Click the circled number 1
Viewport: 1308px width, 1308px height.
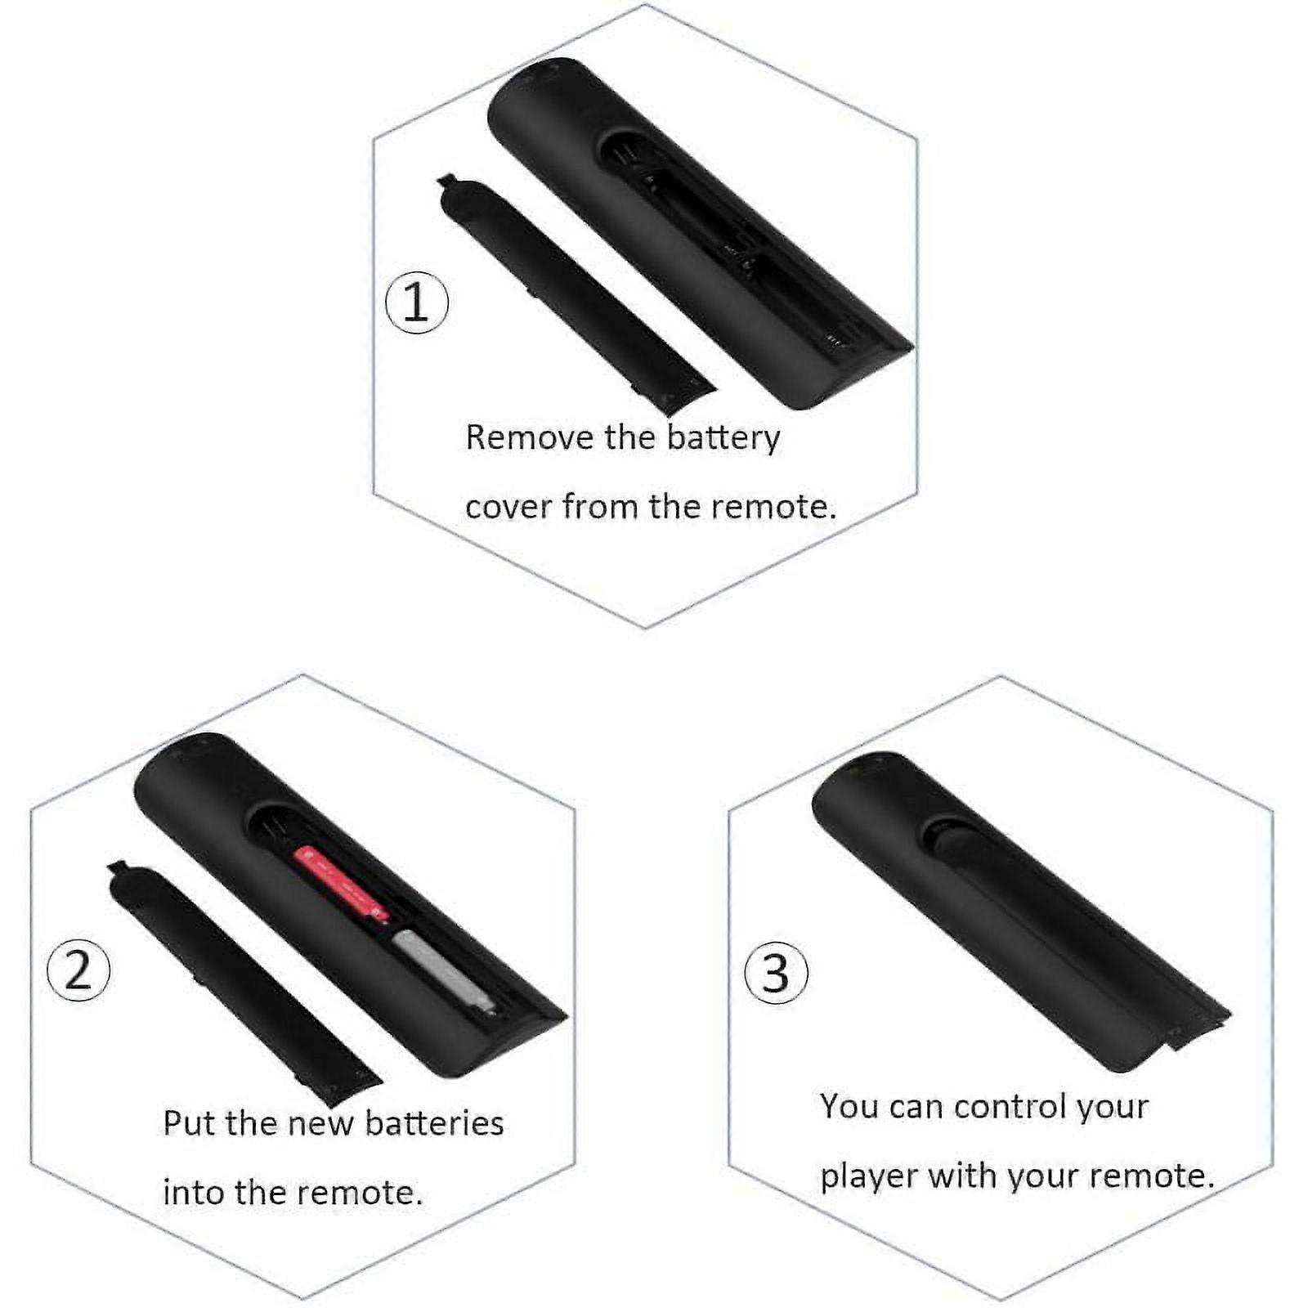click(x=416, y=302)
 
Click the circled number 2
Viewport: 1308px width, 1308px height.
click(x=78, y=970)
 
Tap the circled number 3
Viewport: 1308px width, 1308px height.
click(x=776, y=973)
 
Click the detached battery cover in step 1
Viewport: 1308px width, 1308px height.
click(x=572, y=294)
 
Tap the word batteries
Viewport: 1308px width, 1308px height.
click(x=433, y=1123)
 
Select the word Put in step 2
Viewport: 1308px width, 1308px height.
click(x=190, y=1123)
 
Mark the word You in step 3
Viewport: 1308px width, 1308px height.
click(x=849, y=1107)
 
